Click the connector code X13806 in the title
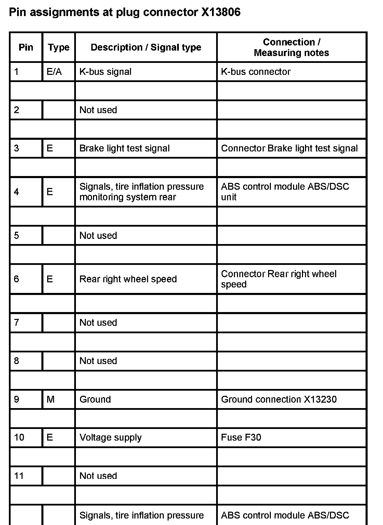[221, 12]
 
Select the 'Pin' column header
[26, 47]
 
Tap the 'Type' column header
[58, 48]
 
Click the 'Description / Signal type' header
[146, 48]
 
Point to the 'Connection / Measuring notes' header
[291, 48]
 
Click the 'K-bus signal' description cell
[105, 72]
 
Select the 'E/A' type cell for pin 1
[54, 72]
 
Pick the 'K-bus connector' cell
[256, 72]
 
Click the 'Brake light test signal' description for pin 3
[124, 148]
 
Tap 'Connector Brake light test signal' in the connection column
[289, 148]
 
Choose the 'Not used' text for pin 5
[98, 235]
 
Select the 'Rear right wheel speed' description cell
[128, 279]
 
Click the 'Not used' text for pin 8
[98, 361]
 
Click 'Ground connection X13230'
[279, 399]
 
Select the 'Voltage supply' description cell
[110, 437]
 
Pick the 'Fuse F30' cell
[241, 437]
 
